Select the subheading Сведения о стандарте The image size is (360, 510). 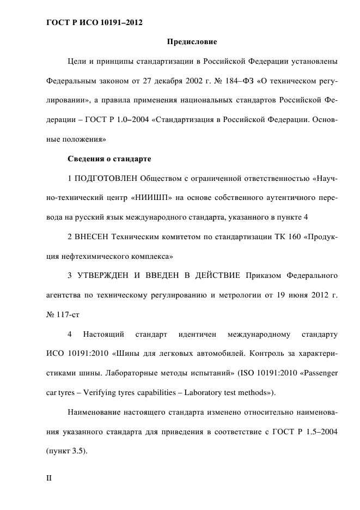[109, 159]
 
